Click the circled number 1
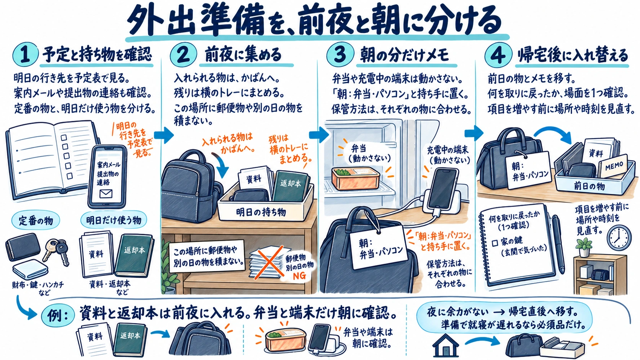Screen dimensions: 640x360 pyautogui.click(x=25, y=55)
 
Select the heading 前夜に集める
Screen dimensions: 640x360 pyautogui.click(x=243, y=55)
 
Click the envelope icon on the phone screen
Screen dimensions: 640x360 pyautogui.click(x=106, y=194)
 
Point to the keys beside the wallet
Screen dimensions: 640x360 pyautogui.click(x=57, y=251)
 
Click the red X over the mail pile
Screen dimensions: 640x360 pyautogui.click(x=268, y=262)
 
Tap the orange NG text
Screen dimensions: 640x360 pyautogui.click(x=300, y=275)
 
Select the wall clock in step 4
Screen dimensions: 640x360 pyautogui.click(x=619, y=238)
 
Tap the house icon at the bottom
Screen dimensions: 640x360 pyautogui.click(x=446, y=345)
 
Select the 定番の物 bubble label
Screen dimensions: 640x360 pyautogui.click(x=36, y=221)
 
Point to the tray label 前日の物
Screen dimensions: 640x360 pyautogui.click(x=589, y=186)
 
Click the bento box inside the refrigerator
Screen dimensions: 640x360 pyautogui.click(x=356, y=178)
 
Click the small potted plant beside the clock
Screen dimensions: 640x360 pyautogui.click(x=584, y=247)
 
